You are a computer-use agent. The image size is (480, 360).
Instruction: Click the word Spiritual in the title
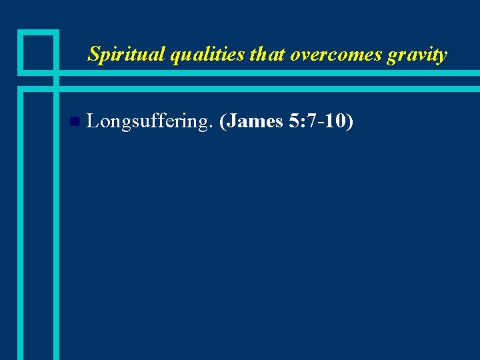(126, 55)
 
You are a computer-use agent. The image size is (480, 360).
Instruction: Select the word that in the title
(267, 54)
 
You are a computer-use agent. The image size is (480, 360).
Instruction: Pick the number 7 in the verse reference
(313, 121)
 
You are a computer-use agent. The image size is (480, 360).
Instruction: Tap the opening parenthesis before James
(223, 122)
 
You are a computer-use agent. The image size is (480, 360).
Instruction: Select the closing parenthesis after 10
(349, 122)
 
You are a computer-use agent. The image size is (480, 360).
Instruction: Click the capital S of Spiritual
(93, 54)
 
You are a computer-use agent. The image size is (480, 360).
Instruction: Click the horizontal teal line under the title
(267, 73)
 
